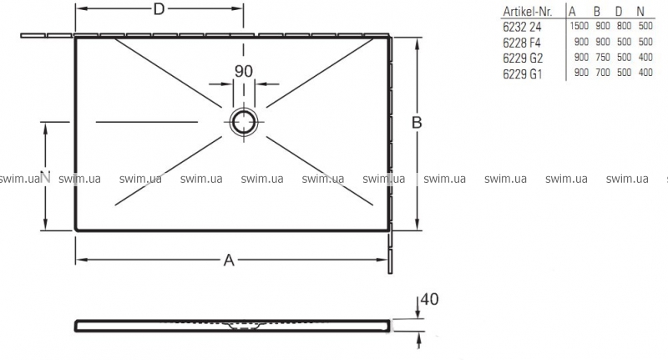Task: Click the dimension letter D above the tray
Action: [x=159, y=9]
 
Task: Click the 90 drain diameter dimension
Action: [x=244, y=71]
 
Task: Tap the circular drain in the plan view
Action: [x=244, y=122]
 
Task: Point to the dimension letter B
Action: [x=417, y=123]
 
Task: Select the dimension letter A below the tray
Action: [x=229, y=260]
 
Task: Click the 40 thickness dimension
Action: [x=429, y=300]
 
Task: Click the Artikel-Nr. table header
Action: [x=528, y=12]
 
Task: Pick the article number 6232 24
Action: [x=522, y=27]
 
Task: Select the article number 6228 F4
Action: [x=522, y=43]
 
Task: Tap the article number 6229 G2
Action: [x=523, y=58]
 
